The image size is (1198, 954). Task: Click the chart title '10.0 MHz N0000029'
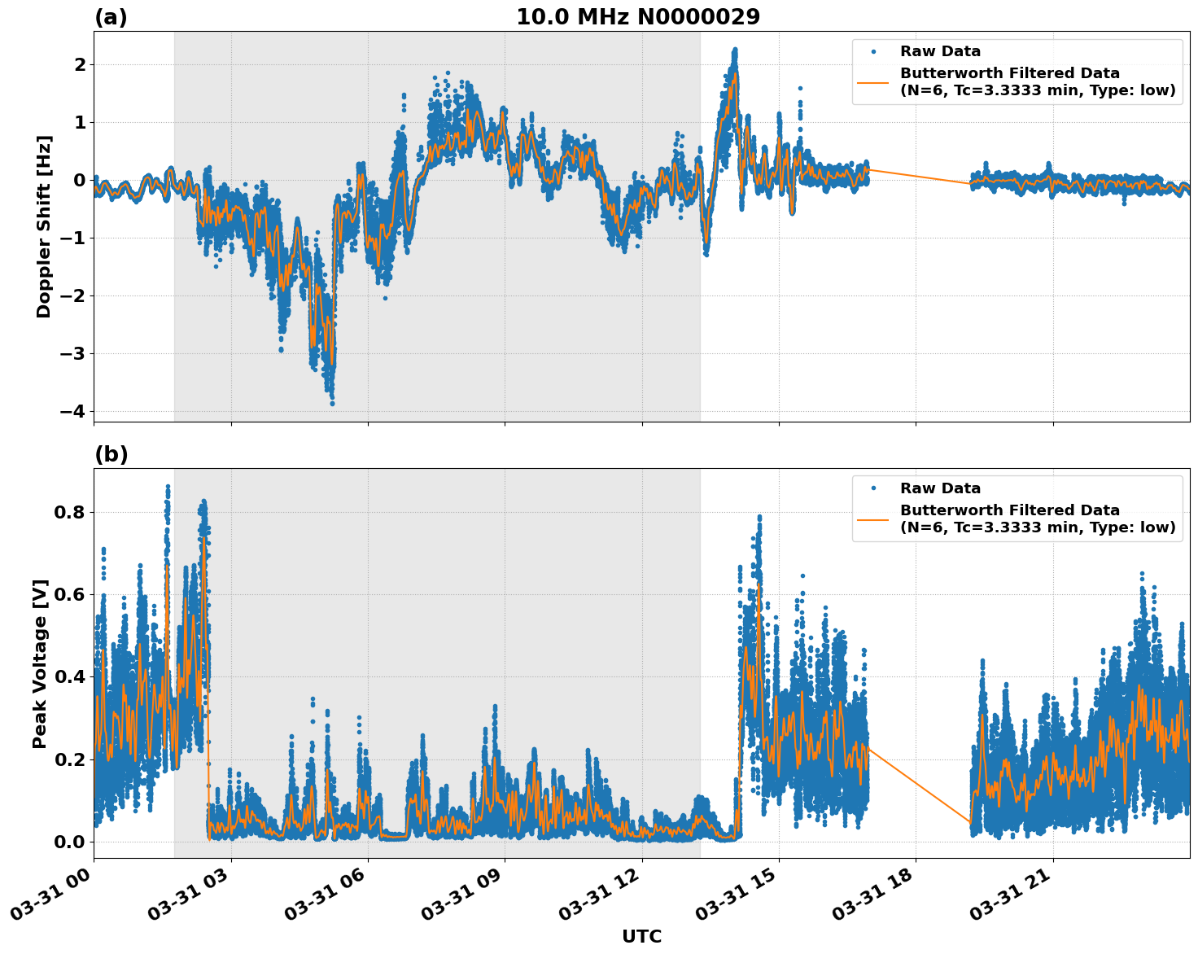click(x=638, y=17)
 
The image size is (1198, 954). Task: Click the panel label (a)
click(x=111, y=17)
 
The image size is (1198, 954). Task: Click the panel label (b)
click(x=111, y=454)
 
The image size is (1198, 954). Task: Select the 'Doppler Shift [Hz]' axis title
click(x=44, y=226)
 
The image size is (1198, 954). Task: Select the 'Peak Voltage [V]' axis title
click(x=40, y=663)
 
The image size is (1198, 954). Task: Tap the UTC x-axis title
click(x=641, y=937)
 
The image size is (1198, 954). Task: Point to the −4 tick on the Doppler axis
click(x=72, y=411)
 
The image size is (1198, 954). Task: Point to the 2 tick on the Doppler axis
click(x=80, y=64)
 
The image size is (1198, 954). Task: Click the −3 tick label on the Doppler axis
click(x=72, y=353)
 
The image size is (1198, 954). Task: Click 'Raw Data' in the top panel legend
click(x=940, y=51)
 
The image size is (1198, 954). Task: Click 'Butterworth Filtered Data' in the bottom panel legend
click(x=1009, y=510)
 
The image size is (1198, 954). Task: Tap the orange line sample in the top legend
click(x=873, y=82)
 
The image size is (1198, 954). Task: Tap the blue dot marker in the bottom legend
click(x=873, y=488)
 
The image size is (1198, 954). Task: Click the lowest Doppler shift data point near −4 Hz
click(x=332, y=403)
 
